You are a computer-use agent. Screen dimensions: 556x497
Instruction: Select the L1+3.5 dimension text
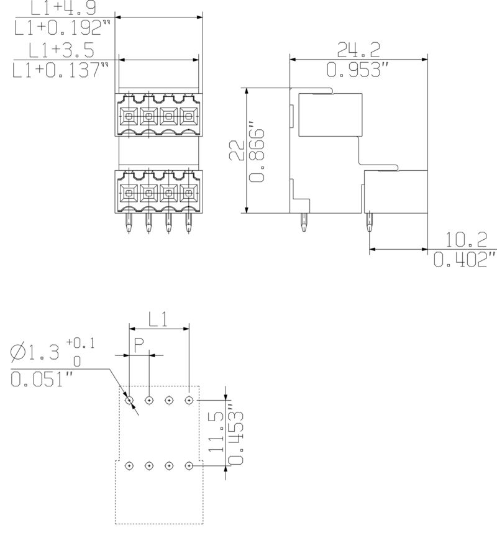click(63, 49)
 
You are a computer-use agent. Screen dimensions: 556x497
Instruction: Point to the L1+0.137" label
click(62, 70)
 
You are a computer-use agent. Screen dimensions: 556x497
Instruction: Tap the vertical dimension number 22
click(235, 151)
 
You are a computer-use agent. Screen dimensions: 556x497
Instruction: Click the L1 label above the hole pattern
click(158, 319)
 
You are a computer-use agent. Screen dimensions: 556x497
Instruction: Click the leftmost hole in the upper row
click(129, 401)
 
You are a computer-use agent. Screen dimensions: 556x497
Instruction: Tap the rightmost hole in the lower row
click(189, 465)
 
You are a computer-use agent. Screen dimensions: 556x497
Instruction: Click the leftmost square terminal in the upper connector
click(129, 115)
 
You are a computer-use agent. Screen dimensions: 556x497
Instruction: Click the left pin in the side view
click(303, 222)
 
